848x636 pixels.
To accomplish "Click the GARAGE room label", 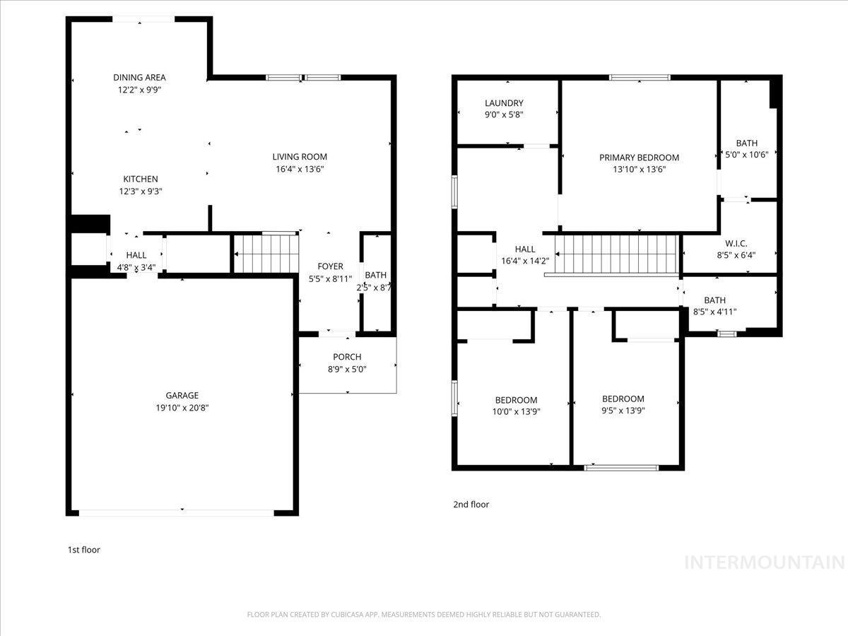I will pyautogui.click(x=182, y=396).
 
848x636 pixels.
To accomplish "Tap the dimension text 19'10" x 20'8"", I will pyautogui.click(x=182, y=408).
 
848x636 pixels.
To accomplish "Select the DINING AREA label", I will pyautogui.click(x=139, y=78).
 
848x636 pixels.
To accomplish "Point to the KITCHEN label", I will pyautogui.click(x=141, y=179).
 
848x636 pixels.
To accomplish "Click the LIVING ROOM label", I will pyautogui.click(x=300, y=157).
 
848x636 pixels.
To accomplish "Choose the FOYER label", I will pyautogui.click(x=330, y=266).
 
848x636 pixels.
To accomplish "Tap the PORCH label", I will pyautogui.click(x=347, y=357).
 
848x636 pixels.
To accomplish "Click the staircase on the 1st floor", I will pyautogui.click(x=266, y=253).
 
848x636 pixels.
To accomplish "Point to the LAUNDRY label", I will pyautogui.click(x=504, y=103).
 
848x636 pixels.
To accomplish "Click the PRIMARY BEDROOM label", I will pyautogui.click(x=639, y=158).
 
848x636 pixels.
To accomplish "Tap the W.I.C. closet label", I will pyautogui.click(x=736, y=244).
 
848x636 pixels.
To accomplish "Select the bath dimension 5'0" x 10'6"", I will pyautogui.click(x=747, y=155).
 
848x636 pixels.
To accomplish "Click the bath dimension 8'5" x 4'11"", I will pyautogui.click(x=714, y=312).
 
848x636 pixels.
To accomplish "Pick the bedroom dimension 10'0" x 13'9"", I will pyautogui.click(x=516, y=411).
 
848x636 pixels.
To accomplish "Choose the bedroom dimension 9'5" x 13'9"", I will pyautogui.click(x=623, y=411).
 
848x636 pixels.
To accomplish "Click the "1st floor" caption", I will pyautogui.click(x=83, y=549).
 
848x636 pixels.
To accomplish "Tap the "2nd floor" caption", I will pyautogui.click(x=471, y=505).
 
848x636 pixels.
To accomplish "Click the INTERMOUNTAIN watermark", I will pyautogui.click(x=765, y=563).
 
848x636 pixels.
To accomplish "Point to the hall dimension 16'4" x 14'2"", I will pyautogui.click(x=525, y=261).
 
